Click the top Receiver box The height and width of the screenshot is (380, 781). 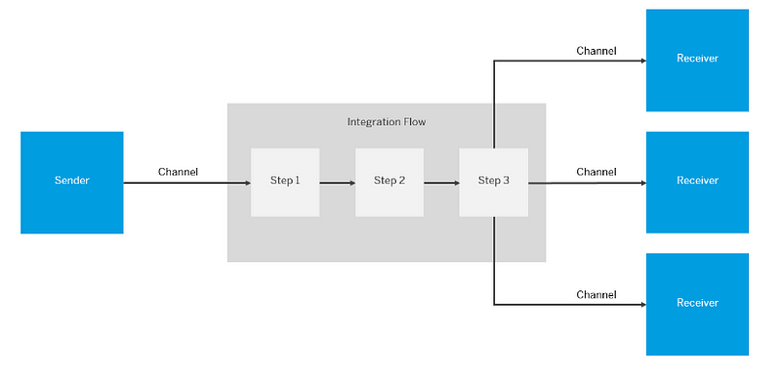pyautogui.click(x=697, y=59)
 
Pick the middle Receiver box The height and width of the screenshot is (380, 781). pyautogui.click(x=697, y=182)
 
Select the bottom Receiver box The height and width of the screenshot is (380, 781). pyautogui.click(x=697, y=304)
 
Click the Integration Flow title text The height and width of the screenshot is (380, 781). pyautogui.click(x=387, y=122)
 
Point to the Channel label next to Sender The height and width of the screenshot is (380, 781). pyautogui.click(x=178, y=172)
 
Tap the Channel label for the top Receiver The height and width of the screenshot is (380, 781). pyautogui.click(x=596, y=51)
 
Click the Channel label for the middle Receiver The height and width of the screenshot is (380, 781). pyautogui.click(x=596, y=172)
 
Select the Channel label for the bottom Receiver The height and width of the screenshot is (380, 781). pyautogui.click(x=596, y=294)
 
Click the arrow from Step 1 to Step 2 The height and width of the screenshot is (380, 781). pyautogui.click(x=337, y=182)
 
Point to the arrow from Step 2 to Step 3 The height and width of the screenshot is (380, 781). pyautogui.click(x=441, y=182)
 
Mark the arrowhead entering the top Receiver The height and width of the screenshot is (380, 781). pyautogui.click(x=641, y=61)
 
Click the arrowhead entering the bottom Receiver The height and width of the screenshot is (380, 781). pyautogui.click(x=641, y=304)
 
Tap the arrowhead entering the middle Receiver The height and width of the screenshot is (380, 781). pyautogui.click(x=641, y=182)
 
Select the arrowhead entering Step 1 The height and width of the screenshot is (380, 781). pyautogui.click(x=246, y=182)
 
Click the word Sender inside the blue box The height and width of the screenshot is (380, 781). pyautogui.click(x=71, y=182)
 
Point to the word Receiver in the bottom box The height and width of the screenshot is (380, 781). pyautogui.click(x=697, y=303)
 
